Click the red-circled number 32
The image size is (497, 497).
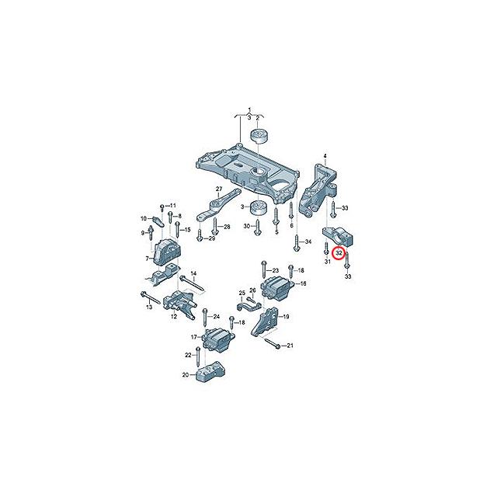point(339,253)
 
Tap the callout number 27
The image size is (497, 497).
point(219,190)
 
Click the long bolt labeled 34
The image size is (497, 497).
point(297,243)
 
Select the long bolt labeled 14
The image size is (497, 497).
point(191,283)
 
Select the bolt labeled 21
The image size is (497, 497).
point(273,344)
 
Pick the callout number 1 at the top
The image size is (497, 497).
point(249,109)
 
